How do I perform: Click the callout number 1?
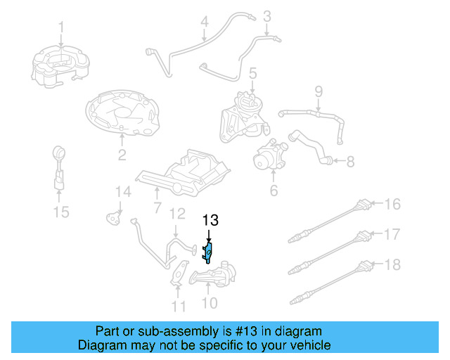pos(60,27)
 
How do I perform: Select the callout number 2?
pos(122,155)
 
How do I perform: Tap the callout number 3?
pos(267,15)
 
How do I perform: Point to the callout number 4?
pos(204,22)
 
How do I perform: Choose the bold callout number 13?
pos(211,220)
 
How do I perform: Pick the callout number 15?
pos(62,211)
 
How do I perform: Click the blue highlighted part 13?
pos(209,250)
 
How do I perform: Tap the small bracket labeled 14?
pos(112,217)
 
